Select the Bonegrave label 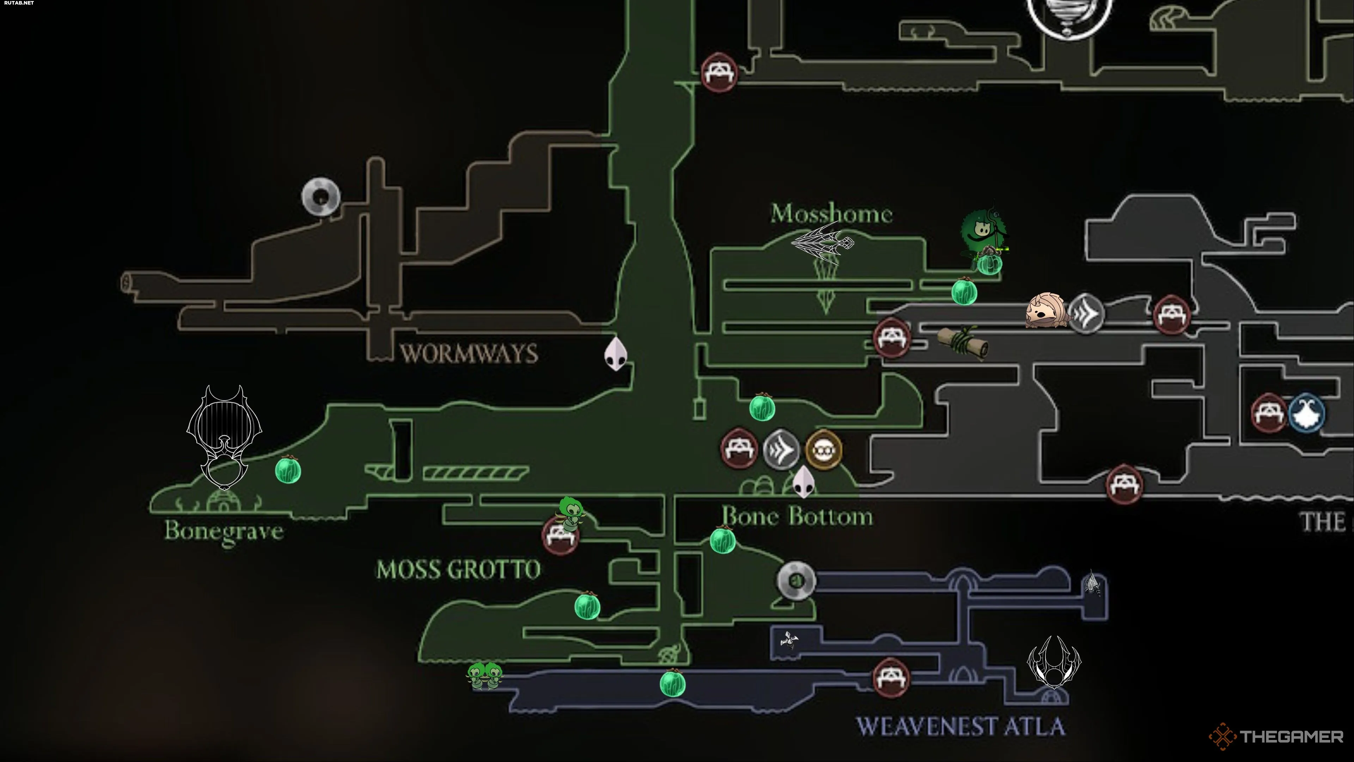coord(224,531)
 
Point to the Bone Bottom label coord(797,516)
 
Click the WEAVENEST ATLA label coord(960,727)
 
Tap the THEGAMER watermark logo coord(1276,737)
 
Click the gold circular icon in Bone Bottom coord(823,450)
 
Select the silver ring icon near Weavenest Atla coord(796,581)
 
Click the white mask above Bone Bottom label coord(803,481)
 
